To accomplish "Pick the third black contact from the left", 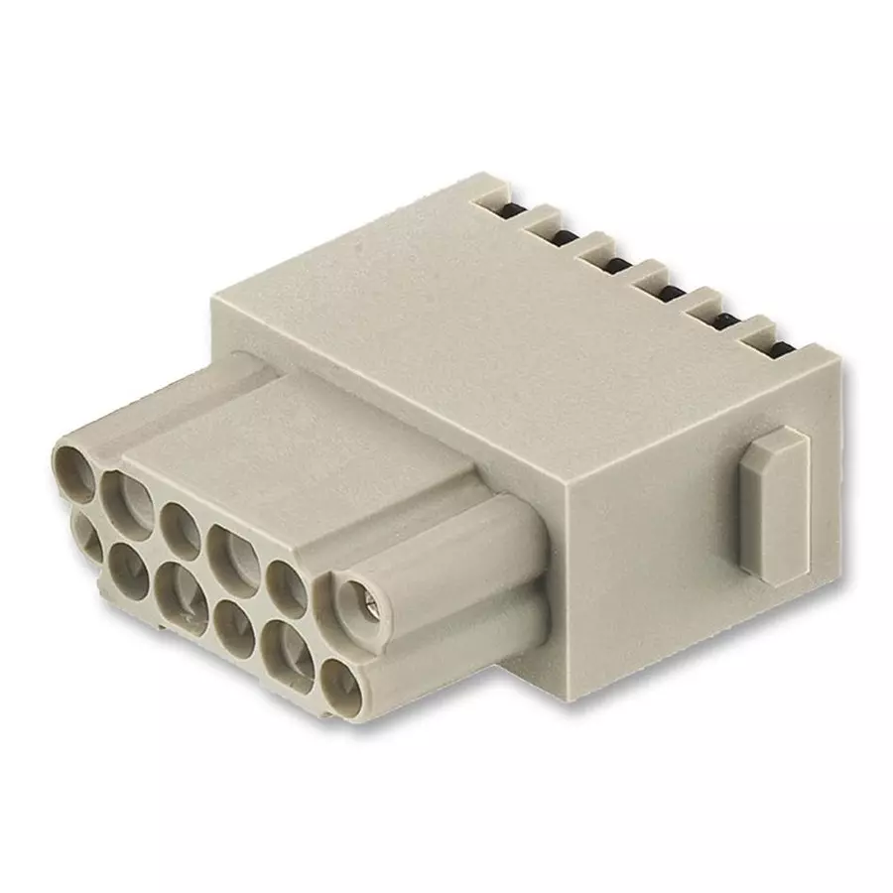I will pos(617,264).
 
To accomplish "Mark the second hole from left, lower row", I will pos(129,568).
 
